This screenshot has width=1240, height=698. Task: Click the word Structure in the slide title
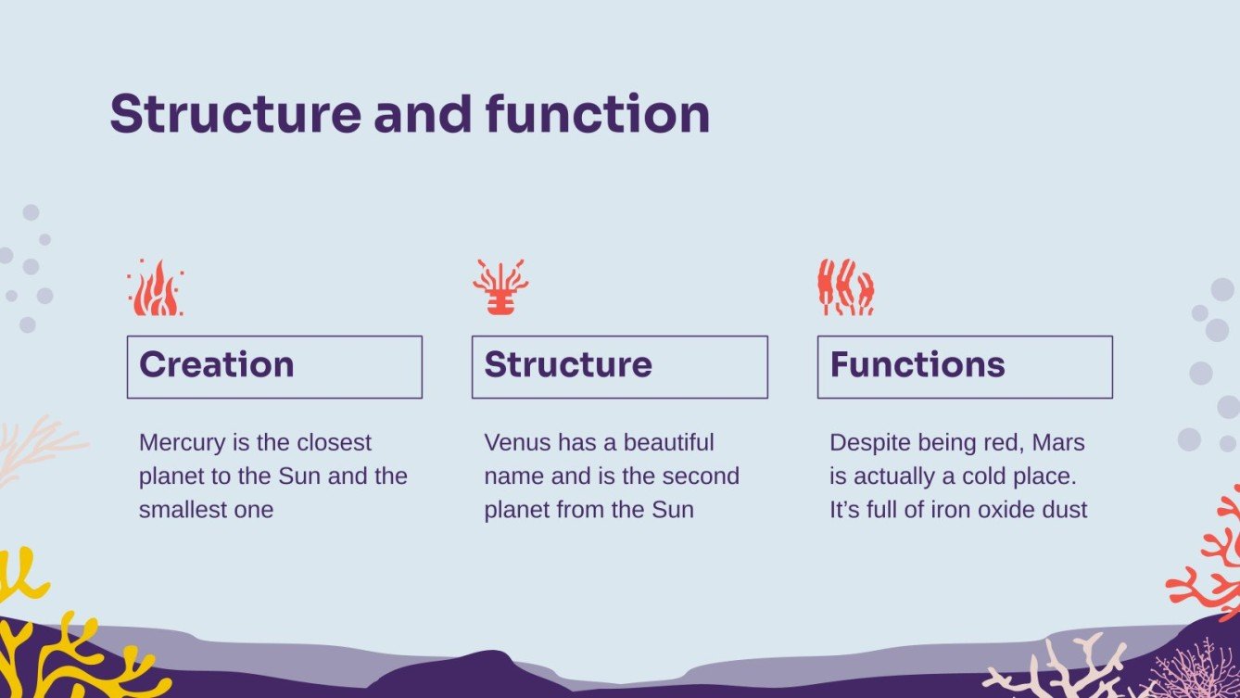click(x=235, y=115)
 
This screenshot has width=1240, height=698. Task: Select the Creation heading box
click(x=274, y=367)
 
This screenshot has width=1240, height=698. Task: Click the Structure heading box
click(x=619, y=367)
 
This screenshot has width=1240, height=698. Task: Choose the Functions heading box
click(x=964, y=367)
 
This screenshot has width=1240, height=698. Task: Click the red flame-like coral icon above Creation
click(x=156, y=288)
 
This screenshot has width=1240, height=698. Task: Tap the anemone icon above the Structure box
click(x=500, y=287)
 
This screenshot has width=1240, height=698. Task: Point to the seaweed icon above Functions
click(x=845, y=287)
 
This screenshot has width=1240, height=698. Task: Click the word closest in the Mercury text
click(x=334, y=443)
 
